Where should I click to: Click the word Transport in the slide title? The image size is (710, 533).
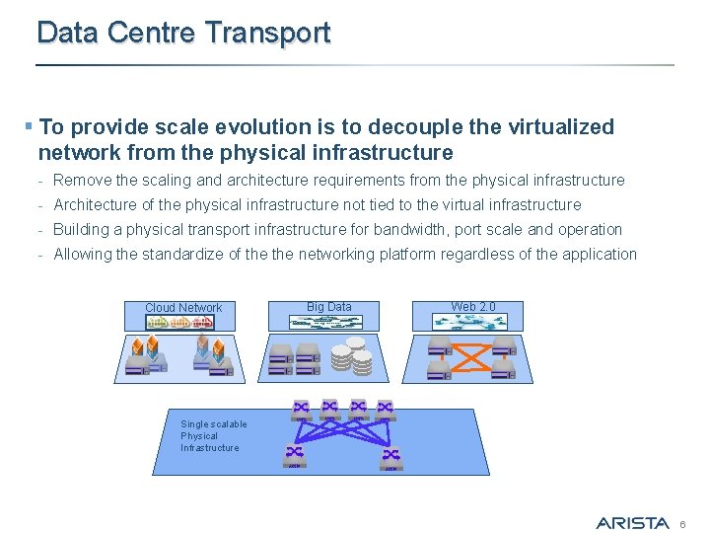[x=267, y=33]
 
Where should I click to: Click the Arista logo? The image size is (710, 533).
[x=632, y=522]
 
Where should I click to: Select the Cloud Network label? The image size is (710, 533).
[x=183, y=308]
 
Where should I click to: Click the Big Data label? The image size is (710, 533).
[x=328, y=307]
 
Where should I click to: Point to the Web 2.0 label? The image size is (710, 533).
[x=473, y=307]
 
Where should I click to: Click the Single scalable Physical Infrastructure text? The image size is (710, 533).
[x=213, y=436]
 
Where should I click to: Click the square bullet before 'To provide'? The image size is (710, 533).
[x=30, y=127]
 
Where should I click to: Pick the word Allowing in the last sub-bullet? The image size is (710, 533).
[x=82, y=255]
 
